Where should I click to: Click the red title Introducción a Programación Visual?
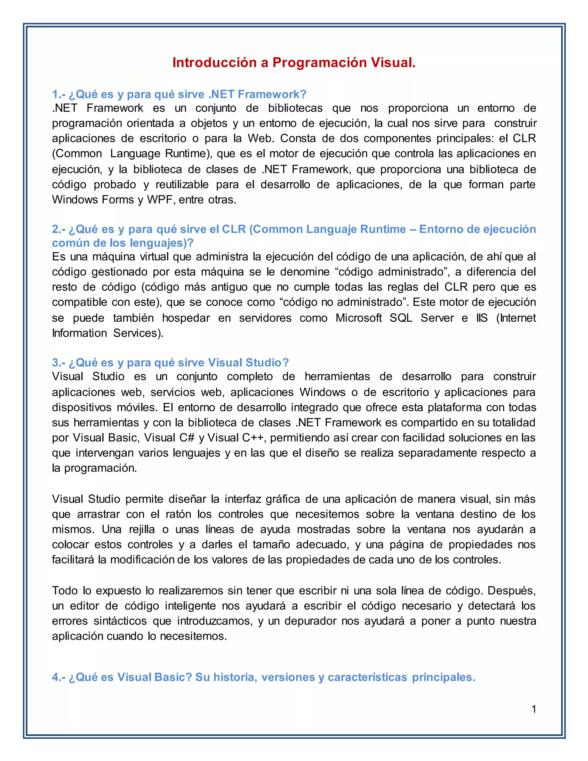point(294,63)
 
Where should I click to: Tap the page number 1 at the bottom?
point(534,709)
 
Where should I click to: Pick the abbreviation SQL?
point(401,318)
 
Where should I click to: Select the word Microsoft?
point(358,318)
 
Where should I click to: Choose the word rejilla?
point(142,530)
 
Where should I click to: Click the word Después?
point(511,591)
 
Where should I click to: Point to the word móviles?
point(134,407)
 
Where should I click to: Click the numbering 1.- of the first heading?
point(59,94)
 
